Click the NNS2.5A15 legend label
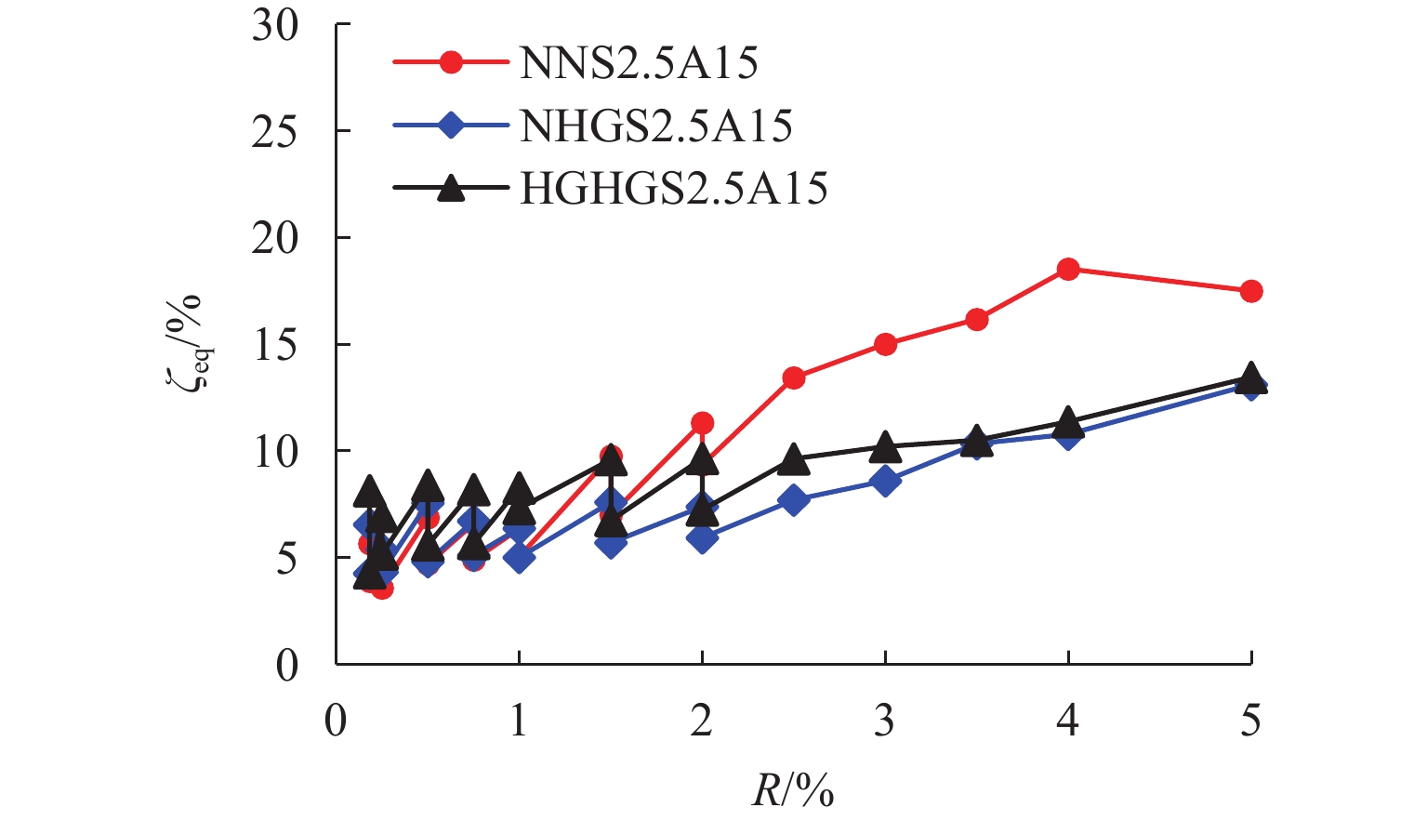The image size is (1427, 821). click(x=639, y=63)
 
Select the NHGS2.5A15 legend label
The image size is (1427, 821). click(x=655, y=126)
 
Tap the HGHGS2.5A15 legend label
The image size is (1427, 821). click(x=673, y=189)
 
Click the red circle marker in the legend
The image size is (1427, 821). click(x=451, y=63)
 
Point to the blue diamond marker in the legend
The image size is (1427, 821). click(x=451, y=126)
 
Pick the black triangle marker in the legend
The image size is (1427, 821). click(x=451, y=189)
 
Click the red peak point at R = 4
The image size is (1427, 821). click(x=1068, y=270)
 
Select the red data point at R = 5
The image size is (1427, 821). click(x=1251, y=291)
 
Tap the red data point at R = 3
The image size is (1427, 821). click(x=885, y=344)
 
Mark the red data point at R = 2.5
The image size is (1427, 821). click(x=793, y=377)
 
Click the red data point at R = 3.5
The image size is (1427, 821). click(x=976, y=320)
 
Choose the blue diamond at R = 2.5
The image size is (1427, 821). click(x=793, y=500)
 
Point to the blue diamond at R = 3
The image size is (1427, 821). click(x=885, y=481)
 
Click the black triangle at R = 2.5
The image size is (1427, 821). click(x=793, y=457)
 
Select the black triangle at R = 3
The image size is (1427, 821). click(x=885, y=446)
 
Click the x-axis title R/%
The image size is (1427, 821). click(x=792, y=789)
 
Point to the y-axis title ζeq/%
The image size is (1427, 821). click(x=191, y=345)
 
